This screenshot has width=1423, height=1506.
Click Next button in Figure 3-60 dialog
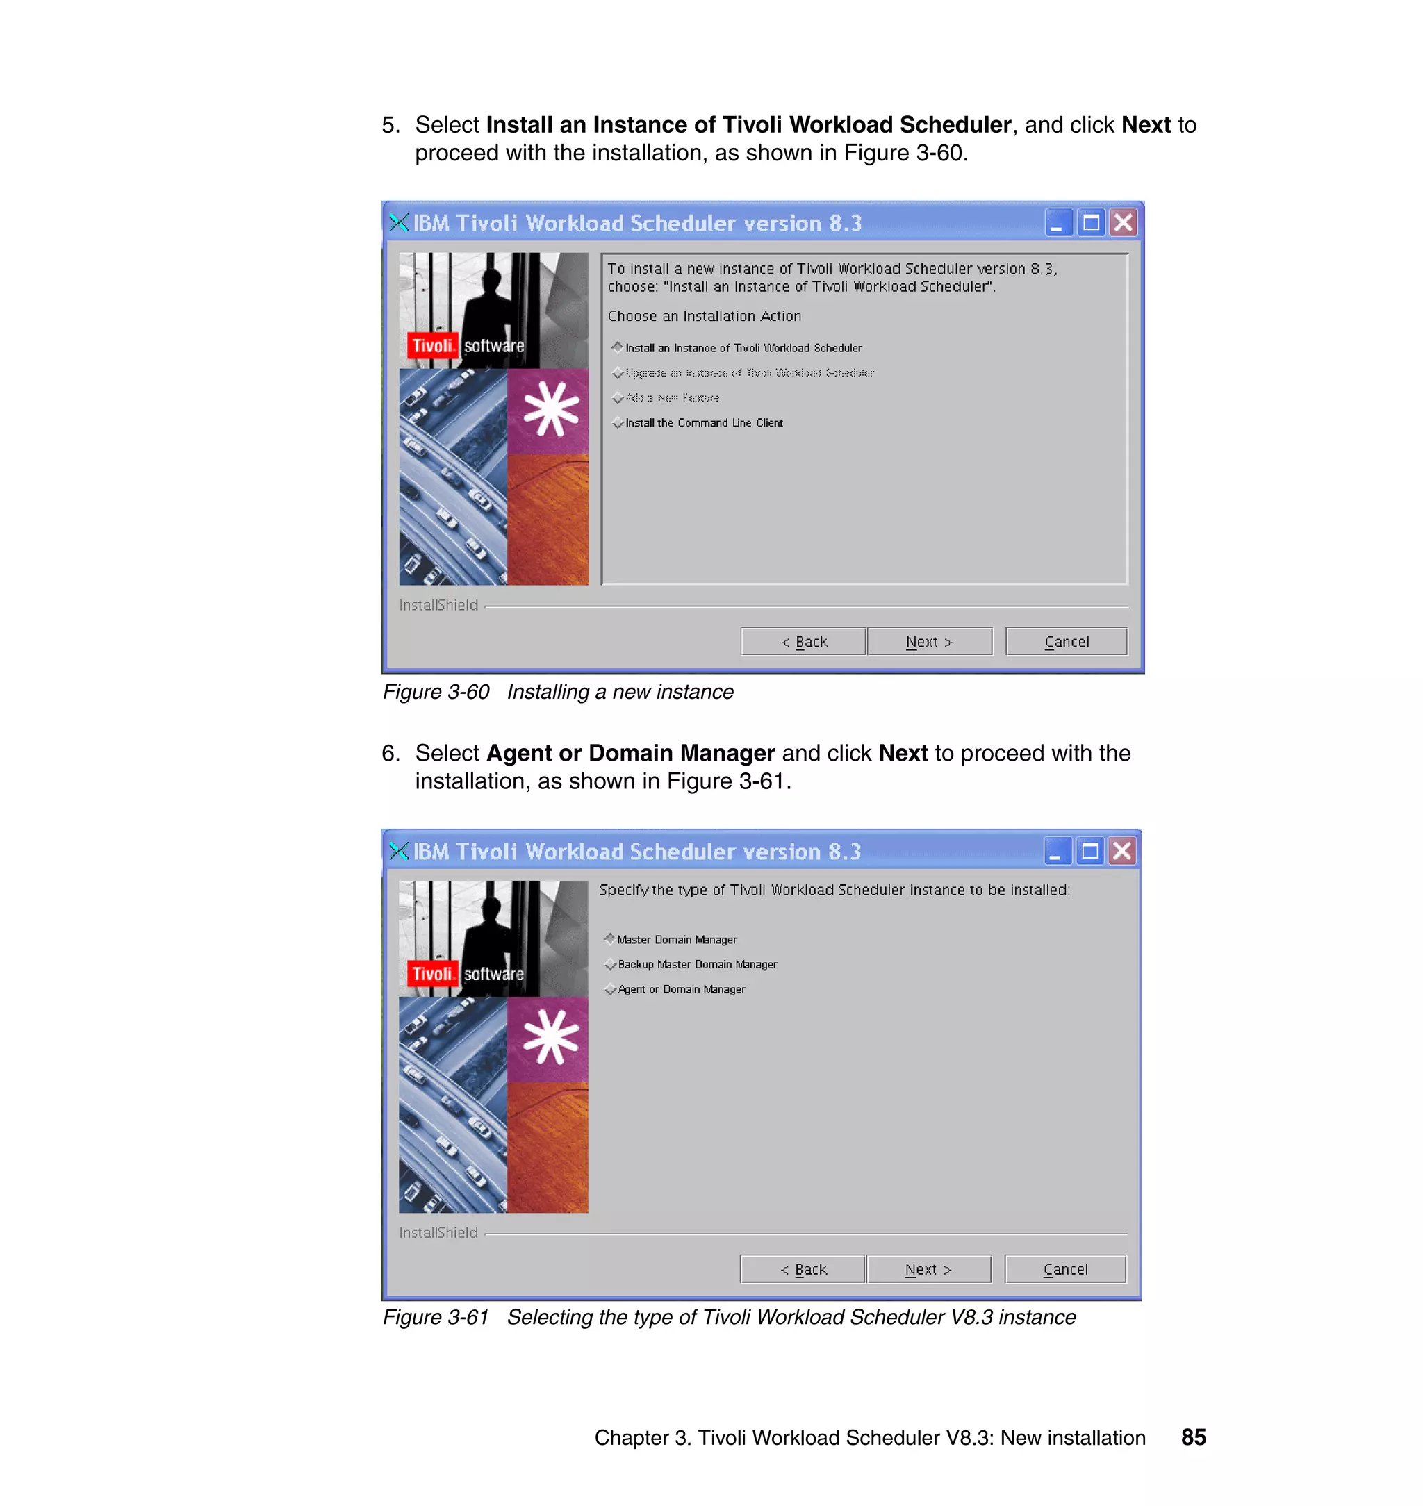(x=928, y=642)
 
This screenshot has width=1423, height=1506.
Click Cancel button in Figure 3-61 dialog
(x=1064, y=1269)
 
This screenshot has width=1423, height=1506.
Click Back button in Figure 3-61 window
(x=803, y=1269)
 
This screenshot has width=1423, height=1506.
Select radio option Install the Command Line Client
(x=618, y=423)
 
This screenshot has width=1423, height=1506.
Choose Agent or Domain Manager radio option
(x=611, y=990)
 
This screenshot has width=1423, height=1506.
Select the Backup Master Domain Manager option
(x=611, y=965)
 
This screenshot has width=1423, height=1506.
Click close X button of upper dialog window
(x=1123, y=223)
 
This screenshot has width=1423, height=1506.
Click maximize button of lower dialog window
(x=1089, y=851)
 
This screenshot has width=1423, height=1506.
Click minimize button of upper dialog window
(x=1058, y=223)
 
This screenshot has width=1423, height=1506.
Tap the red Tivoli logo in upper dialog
(x=431, y=346)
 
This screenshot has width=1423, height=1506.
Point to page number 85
(x=1193, y=1437)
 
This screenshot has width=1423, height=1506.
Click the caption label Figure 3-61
(x=436, y=1317)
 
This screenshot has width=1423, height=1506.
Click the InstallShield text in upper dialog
(x=438, y=605)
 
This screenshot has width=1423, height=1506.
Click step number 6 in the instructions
(x=390, y=753)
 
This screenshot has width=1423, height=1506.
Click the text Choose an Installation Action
(x=703, y=316)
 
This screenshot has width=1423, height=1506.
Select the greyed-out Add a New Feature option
(x=618, y=398)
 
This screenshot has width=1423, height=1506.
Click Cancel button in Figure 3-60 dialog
(x=1066, y=642)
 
